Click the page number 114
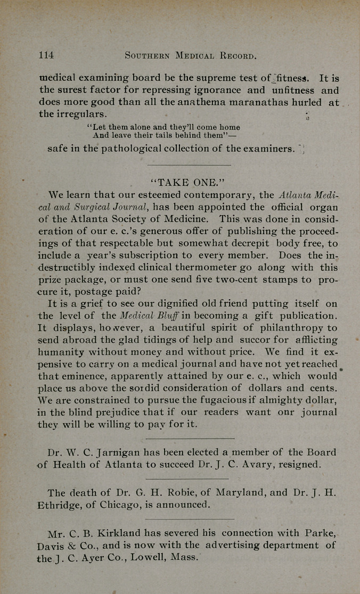(46, 55)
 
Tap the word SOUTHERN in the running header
(146, 55)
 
